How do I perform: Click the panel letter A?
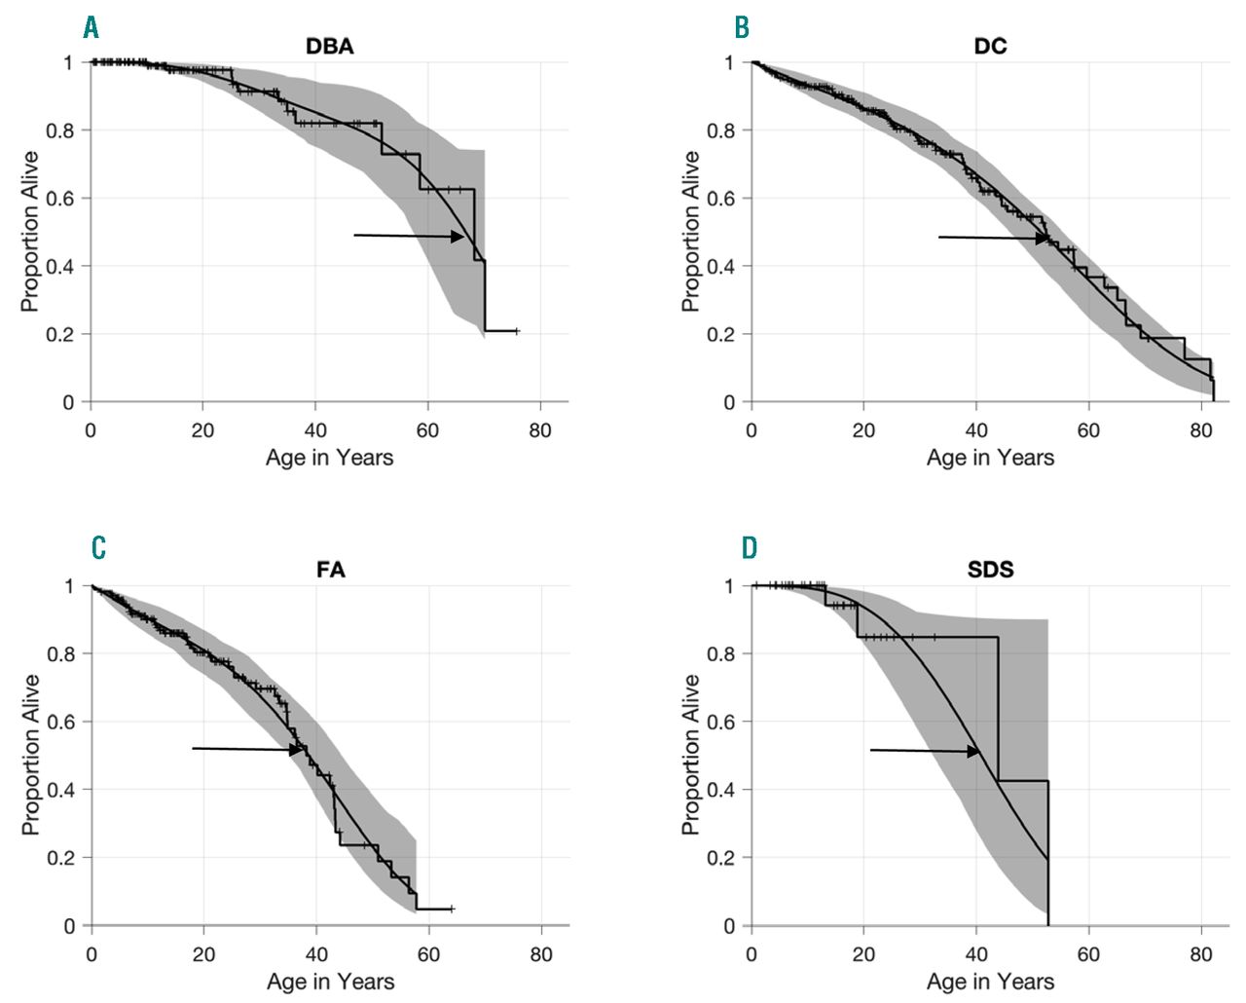coord(92,27)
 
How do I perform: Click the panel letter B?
coord(742,27)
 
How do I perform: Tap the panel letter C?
coord(98,548)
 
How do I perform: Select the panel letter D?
coord(749,548)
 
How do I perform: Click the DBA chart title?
coord(330,46)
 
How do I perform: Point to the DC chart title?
coord(990,46)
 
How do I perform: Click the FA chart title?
coord(331,569)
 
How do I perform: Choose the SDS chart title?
coord(990,569)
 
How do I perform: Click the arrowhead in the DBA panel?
coord(458,237)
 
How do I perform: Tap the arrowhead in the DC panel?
coord(1043,239)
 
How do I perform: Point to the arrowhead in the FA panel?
coord(298,750)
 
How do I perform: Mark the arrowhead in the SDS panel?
coord(973,752)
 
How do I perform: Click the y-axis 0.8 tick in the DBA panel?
coord(60,130)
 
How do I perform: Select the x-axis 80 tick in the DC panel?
coord(1200,430)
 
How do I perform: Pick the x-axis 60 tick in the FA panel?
coord(428,954)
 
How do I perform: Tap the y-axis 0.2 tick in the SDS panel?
coord(720,858)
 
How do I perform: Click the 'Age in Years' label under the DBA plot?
coord(329,458)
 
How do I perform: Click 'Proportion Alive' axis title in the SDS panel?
coord(690,755)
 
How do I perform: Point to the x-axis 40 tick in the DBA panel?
coord(315,430)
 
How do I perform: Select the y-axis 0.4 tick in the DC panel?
coord(720,266)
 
